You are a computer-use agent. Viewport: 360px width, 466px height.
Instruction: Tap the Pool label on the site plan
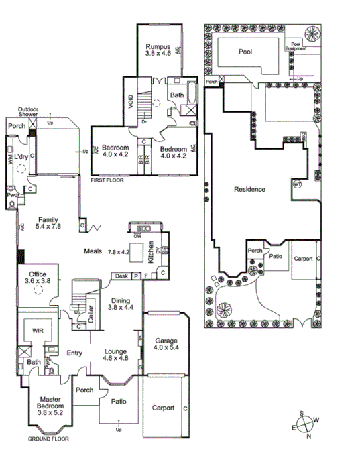pyautogui.click(x=245, y=52)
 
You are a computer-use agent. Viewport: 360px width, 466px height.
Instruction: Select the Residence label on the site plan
pyautogui.click(x=249, y=189)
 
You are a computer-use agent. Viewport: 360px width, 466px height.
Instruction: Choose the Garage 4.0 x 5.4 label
pyautogui.click(x=166, y=345)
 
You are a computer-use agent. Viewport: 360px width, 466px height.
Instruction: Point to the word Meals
pyautogui.click(x=93, y=251)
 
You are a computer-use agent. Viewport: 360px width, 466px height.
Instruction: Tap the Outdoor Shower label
pyautogui.click(x=30, y=111)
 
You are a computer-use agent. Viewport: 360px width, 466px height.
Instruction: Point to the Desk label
pyautogui.click(x=121, y=276)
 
